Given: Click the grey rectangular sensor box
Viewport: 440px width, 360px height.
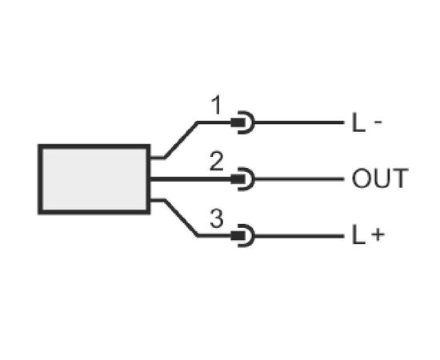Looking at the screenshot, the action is (x=94, y=179).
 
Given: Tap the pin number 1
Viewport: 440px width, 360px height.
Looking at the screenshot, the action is (x=216, y=105).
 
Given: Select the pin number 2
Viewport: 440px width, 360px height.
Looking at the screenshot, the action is (x=217, y=162).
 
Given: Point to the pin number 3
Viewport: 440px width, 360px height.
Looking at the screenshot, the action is (x=217, y=218).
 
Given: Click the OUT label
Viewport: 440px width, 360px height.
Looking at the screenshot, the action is (x=380, y=178).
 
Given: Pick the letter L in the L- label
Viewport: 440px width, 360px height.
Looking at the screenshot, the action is (x=358, y=122).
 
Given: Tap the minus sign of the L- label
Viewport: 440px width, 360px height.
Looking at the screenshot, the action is (x=378, y=122).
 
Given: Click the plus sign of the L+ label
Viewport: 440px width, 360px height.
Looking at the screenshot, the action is (x=378, y=234).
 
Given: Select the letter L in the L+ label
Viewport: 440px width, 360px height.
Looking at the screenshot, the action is (x=358, y=235).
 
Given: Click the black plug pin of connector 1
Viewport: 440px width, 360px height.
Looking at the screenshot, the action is (x=238, y=122).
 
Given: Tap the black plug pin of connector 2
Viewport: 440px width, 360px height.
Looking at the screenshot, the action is (x=238, y=179).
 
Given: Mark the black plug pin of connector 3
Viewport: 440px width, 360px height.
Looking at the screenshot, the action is (x=238, y=236).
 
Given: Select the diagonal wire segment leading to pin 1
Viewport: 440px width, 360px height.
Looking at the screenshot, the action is (x=181, y=140).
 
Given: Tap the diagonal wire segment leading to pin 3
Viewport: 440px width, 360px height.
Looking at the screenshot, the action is (x=181, y=218).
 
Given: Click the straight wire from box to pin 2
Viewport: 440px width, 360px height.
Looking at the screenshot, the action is (x=190, y=179).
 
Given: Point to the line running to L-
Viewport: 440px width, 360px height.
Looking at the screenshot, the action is (x=299, y=122).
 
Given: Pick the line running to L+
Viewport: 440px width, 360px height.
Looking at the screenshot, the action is (x=299, y=236).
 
